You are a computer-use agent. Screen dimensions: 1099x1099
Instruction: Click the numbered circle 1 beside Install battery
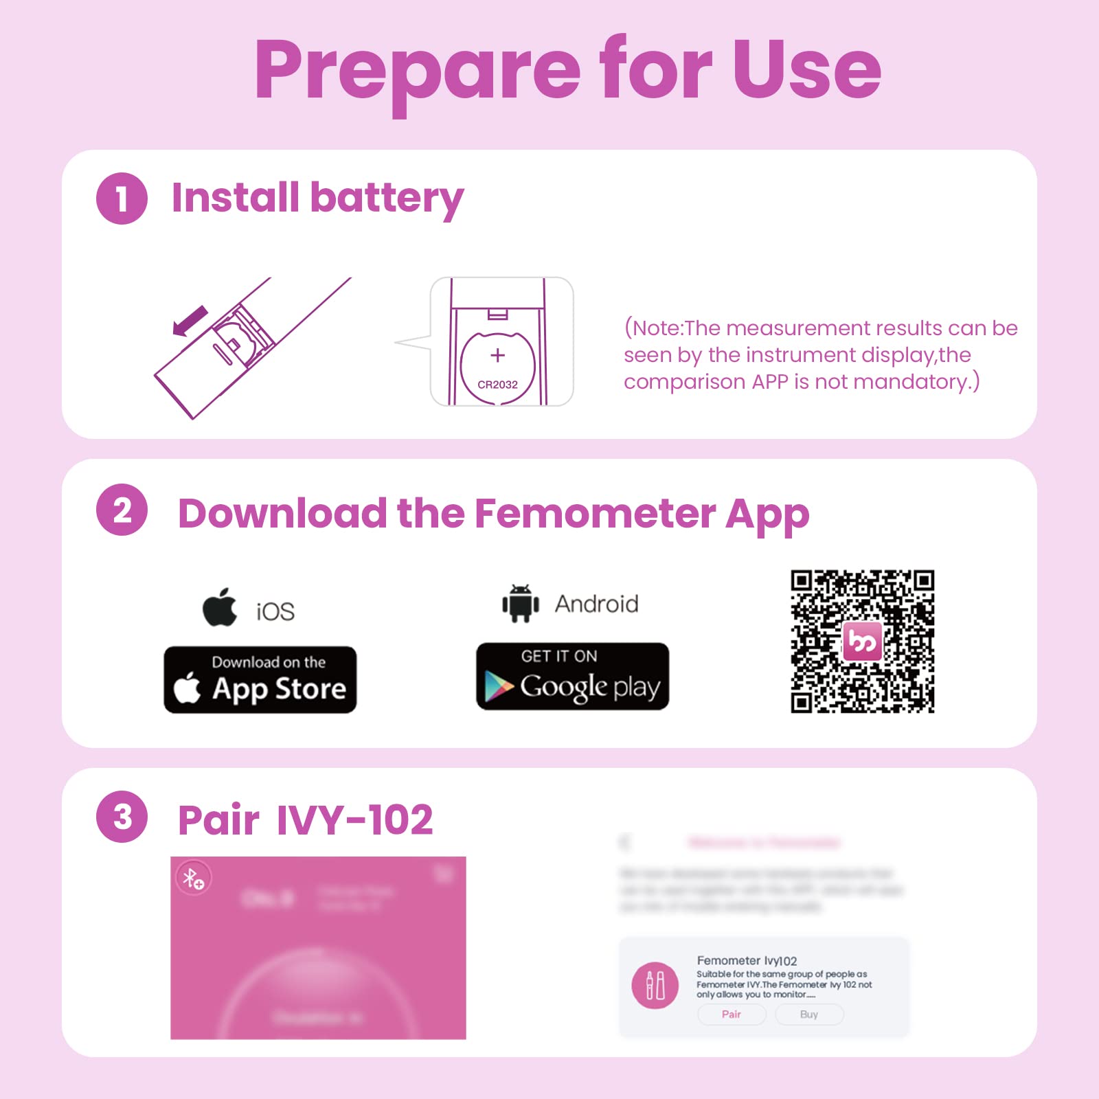(x=122, y=199)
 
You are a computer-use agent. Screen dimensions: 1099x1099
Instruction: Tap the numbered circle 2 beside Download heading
(x=122, y=510)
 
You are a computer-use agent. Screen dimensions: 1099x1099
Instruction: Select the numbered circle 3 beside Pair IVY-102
(x=122, y=817)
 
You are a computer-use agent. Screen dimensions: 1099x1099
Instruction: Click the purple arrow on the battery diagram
(x=190, y=321)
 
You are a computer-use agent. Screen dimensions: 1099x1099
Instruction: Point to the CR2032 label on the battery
(x=497, y=385)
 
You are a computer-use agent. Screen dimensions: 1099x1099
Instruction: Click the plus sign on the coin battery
(x=497, y=355)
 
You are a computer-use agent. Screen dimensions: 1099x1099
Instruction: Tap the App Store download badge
(x=260, y=679)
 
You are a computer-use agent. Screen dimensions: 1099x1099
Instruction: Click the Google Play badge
(x=572, y=677)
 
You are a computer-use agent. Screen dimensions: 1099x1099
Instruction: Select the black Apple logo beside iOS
(x=220, y=607)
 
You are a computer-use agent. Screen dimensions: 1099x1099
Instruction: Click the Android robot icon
(x=520, y=604)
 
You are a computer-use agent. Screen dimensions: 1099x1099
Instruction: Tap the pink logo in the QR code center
(x=862, y=642)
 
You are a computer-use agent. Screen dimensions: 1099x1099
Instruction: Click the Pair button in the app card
(x=732, y=1015)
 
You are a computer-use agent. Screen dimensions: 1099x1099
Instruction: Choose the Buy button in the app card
(x=809, y=1015)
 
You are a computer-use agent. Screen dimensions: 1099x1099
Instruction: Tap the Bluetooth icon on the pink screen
(x=194, y=878)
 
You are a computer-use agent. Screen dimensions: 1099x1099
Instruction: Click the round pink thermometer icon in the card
(x=655, y=985)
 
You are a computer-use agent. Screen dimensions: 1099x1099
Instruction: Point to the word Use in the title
(x=806, y=69)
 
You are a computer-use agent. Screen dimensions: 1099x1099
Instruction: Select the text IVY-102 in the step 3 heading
(x=354, y=819)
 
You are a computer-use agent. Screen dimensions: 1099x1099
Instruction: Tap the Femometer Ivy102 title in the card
(x=747, y=960)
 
